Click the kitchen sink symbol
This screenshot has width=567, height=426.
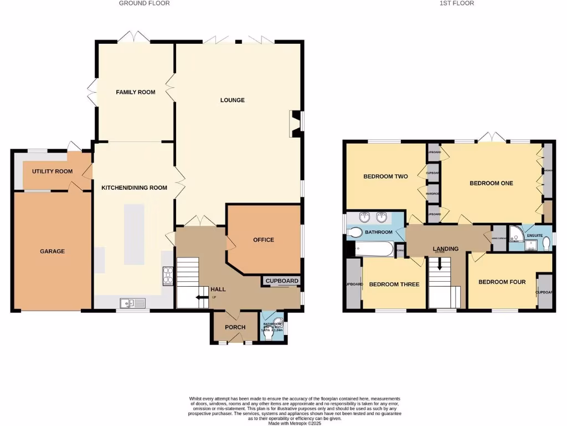pos(132,303)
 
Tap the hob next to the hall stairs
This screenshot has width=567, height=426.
pos(168,276)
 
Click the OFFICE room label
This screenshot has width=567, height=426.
pos(264,240)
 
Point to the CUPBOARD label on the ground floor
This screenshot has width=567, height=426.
pos(282,281)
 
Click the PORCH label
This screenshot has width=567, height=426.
pos(235,327)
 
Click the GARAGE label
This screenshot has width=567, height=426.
pos(52,251)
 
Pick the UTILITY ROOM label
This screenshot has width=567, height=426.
pos(52,171)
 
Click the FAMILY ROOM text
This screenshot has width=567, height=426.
pos(135,92)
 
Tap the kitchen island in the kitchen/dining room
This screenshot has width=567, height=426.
pos(134,234)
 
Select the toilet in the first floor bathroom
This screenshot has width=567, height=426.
pos(355,232)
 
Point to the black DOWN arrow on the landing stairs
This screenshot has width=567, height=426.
pos(441,265)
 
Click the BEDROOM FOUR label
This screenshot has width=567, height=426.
pos(502,282)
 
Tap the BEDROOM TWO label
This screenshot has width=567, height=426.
pos(385,176)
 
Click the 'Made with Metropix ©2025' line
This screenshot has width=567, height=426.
pos(294,423)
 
